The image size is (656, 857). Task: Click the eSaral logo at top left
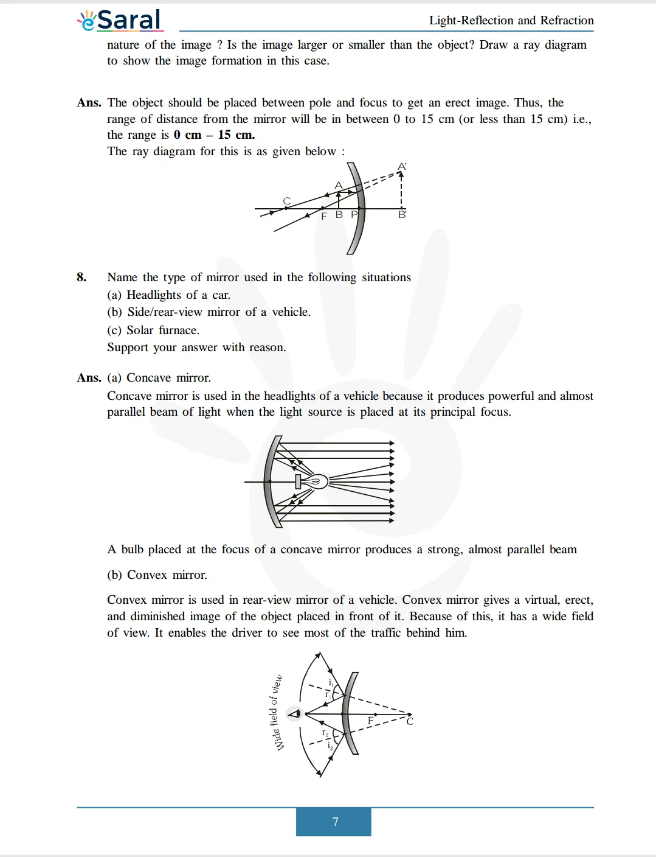(x=120, y=20)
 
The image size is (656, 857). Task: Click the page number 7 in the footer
(x=335, y=822)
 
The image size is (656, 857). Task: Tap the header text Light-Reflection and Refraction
(x=511, y=21)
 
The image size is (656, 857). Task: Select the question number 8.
(x=81, y=278)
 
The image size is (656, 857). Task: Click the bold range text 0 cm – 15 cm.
(x=214, y=135)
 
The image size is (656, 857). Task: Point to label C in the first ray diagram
(x=287, y=201)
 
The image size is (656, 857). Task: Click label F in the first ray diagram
(x=324, y=215)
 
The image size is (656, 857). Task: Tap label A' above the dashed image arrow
(x=402, y=166)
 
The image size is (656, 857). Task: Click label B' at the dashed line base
(x=402, y=215)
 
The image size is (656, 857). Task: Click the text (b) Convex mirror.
(x=157, y=575)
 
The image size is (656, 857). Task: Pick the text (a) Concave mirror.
(x=159, y=378)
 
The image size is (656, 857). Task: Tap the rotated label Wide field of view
(x=276, y=712)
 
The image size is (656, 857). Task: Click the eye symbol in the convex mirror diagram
(x=294, y=713)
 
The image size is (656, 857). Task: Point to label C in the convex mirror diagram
(x=410, y=721)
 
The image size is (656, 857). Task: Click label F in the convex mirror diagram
(x=370, y=721)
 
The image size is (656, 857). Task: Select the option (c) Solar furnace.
(x=153, y=331)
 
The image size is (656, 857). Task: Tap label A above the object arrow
(x=339, y=185)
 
